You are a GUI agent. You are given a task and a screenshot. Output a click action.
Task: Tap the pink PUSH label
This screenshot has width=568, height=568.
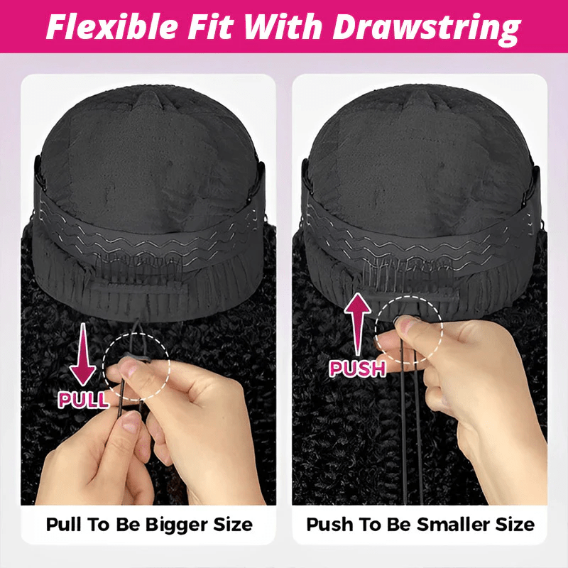[357, 368]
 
